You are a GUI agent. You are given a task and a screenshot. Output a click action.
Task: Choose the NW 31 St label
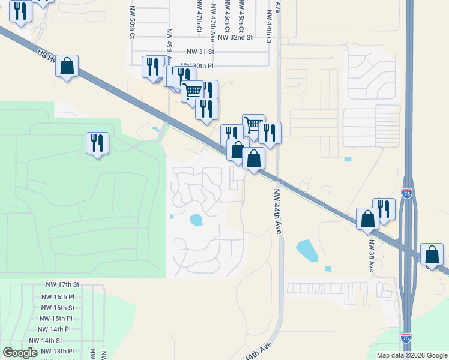tap(200, 53)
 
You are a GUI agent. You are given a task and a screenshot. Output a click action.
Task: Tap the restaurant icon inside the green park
tap(97, 143)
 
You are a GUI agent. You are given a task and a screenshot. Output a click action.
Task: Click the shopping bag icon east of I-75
tap(432, 254)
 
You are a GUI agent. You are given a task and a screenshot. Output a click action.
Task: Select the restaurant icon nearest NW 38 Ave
tap(384, 209)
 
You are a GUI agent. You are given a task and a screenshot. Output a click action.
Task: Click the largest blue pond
tap(307, 250)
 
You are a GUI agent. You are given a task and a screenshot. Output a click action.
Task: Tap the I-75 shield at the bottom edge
tap(406, 338)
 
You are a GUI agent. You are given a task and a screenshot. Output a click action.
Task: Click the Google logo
tap(20, 353)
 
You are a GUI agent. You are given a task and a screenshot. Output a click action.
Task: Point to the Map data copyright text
tap(411, 355)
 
